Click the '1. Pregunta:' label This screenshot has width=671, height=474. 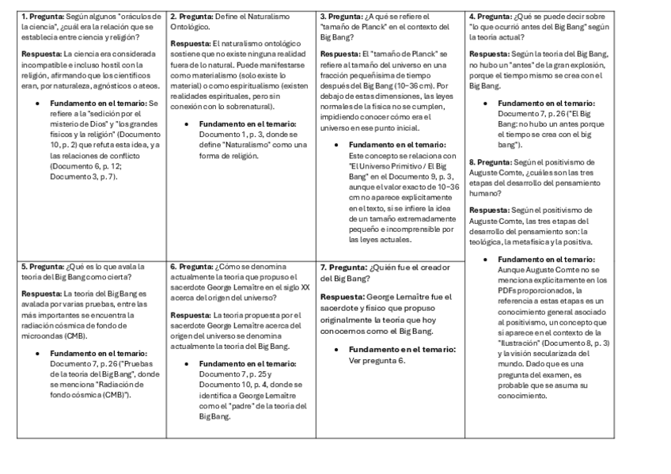click(x=43, y=16)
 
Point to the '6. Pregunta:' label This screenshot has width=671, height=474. click(x=192, y=267)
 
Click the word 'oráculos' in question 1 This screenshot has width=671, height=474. click(x=140, y=16)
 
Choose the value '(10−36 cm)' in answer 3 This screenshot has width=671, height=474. click(x=412, y=85)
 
